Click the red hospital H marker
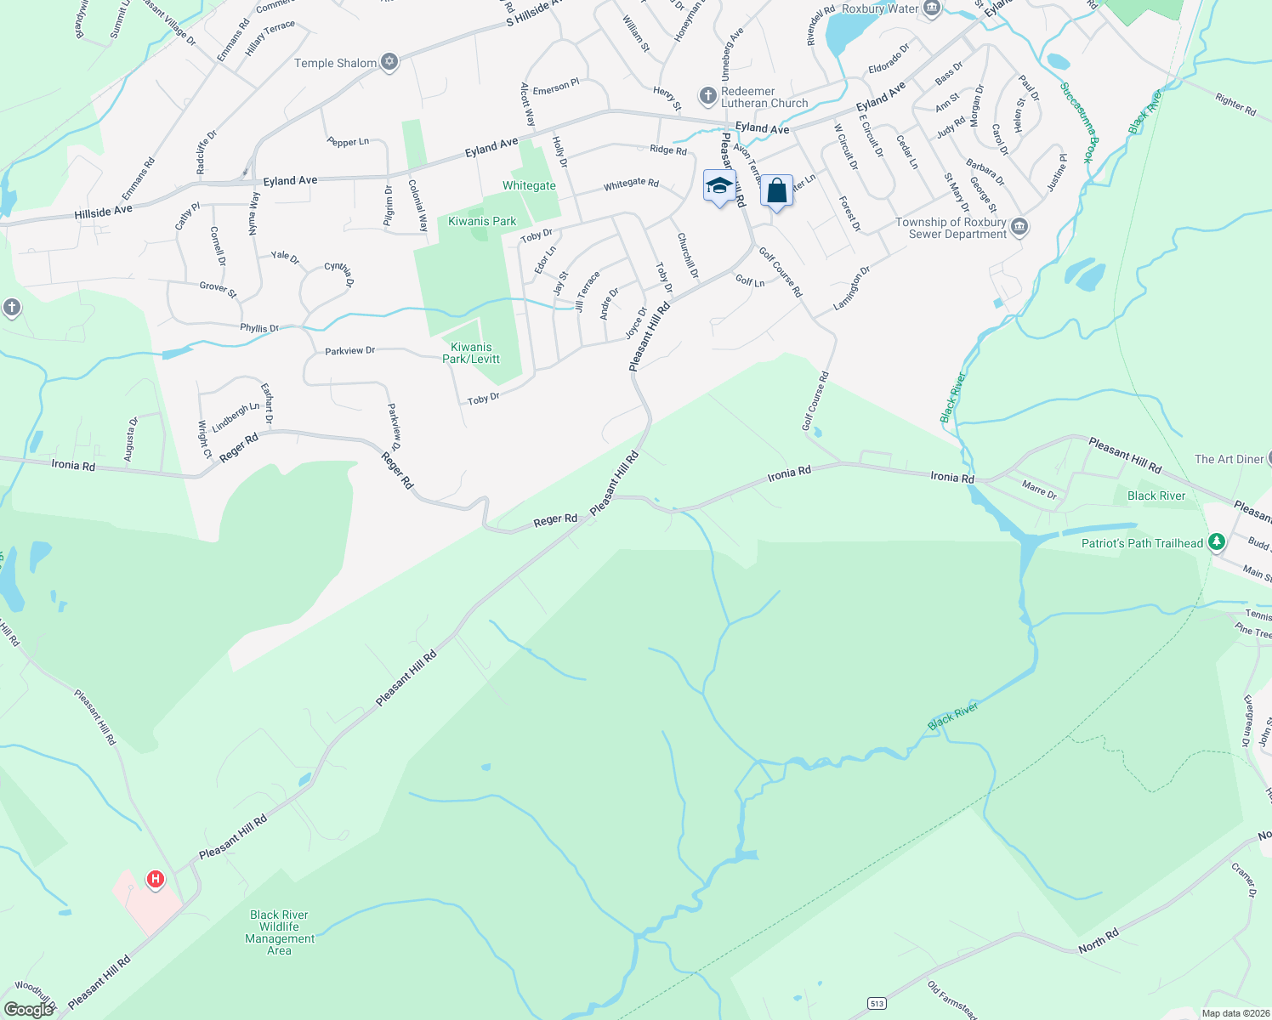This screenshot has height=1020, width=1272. [155, 879]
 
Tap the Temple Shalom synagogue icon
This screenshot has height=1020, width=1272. [389, 61]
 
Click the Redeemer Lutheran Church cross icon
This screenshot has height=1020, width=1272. [707, 96]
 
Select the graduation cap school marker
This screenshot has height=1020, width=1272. [719, 186]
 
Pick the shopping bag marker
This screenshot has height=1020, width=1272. [776, 191]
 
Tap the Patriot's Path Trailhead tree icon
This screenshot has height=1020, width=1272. [1217, 541]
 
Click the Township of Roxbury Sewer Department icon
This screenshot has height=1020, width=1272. [1020, 227]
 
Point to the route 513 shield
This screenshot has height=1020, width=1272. [877, 1004]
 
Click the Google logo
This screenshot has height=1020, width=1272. [29, 1010]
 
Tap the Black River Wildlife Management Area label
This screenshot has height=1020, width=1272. [280, 932]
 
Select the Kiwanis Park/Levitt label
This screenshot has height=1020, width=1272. [471, 353]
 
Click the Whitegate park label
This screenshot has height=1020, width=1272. [529, 185]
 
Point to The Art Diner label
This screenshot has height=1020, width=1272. [1229, 459]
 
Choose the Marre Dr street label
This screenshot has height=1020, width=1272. [1039, 490]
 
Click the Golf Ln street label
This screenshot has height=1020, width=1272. [749, 280]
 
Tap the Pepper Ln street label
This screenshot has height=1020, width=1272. [348, 142]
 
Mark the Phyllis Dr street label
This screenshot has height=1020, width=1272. [259, 328]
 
